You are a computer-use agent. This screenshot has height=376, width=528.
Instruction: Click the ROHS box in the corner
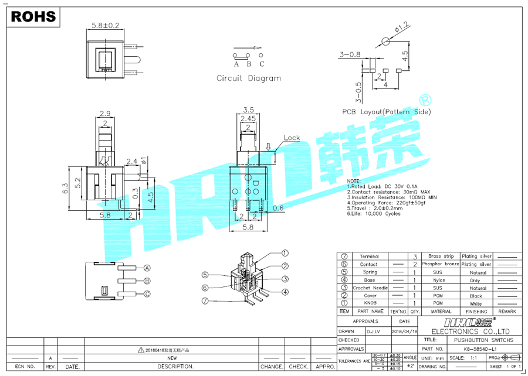[x=33, y=16]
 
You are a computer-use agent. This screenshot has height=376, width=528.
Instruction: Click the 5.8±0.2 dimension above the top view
[x=106, y=26]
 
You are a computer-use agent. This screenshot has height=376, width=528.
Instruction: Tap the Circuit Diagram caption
[x=249, y=78]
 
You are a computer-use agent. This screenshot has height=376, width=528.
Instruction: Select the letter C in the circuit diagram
[x=262, y=64]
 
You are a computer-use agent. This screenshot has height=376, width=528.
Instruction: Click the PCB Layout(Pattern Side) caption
[x=387, y=111]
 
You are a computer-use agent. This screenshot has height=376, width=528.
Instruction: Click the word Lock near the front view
[x=292, y=138]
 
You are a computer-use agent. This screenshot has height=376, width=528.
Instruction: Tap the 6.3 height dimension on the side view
[x=65, y=188]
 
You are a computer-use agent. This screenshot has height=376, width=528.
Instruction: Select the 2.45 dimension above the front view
[x=248, y=118]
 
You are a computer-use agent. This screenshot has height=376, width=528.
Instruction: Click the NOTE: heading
[x=354, y=182]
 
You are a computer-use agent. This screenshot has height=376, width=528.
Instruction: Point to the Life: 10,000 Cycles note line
[x=374, y=214]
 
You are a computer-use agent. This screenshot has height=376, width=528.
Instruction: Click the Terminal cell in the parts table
[x=369, y=257]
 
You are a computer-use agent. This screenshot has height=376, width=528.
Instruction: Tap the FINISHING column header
[x=476, y=312]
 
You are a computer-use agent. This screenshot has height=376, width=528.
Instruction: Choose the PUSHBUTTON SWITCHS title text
[x=483, y=340]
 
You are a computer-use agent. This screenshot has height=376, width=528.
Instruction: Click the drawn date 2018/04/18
[x=405, y=331]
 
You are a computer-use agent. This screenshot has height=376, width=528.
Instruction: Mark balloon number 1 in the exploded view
[x=285, y=254]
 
